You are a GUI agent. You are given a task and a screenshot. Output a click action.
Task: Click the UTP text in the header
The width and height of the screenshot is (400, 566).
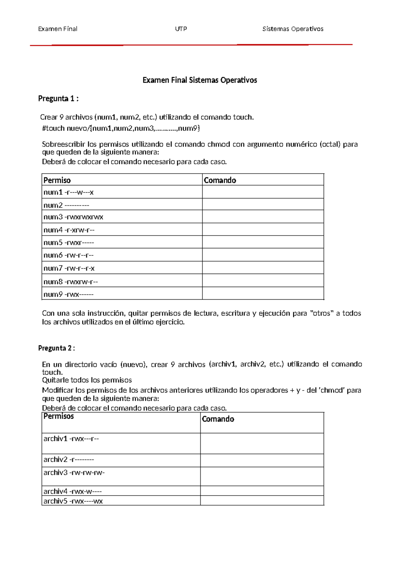181,29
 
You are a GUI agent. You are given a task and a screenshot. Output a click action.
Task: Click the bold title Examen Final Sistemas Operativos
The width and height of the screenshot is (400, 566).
200,80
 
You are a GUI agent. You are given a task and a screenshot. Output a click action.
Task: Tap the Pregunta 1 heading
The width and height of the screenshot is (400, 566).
58,98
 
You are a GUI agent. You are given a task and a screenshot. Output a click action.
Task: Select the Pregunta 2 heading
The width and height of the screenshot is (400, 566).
56,348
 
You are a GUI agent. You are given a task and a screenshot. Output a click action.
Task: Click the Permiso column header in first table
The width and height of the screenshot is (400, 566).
57,180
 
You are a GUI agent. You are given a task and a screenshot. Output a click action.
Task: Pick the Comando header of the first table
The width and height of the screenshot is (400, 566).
220,180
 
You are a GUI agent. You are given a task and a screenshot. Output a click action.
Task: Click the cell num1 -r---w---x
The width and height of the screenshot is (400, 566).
69,192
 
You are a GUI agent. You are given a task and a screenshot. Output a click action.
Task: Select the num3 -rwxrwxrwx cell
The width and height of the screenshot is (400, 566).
73,217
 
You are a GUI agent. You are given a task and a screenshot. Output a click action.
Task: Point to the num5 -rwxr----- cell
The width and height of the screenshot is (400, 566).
69,243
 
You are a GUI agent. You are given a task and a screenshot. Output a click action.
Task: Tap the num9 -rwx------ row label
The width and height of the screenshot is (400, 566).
69,294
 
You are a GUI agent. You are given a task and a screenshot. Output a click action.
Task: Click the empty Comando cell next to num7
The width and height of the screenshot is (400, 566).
263,268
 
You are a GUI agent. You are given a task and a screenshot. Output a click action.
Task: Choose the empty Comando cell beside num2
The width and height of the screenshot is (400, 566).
263,204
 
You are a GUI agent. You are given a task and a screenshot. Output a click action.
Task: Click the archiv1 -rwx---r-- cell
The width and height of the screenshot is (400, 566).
71,439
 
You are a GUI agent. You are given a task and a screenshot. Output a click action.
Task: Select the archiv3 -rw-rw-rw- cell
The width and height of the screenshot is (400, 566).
74,473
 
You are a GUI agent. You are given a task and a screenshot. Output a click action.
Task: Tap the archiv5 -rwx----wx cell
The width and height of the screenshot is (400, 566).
73,501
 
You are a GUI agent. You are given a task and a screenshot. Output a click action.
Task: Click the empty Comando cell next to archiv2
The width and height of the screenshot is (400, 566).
262,460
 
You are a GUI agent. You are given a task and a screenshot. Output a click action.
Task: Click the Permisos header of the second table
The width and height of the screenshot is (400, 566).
59,416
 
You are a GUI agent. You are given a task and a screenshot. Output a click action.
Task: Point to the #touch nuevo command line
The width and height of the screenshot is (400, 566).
121,128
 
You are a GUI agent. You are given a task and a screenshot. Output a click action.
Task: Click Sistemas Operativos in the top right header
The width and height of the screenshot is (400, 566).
293,29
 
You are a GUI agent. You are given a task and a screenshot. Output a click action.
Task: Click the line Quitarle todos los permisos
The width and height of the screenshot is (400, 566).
87,380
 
